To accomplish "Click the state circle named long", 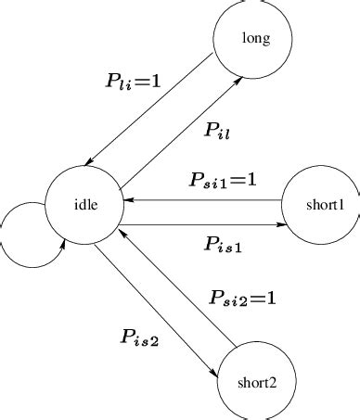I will click(253, 38).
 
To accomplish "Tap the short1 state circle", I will click(321, 203).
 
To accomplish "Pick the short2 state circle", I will click(253, 380).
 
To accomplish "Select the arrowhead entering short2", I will click(218, 373).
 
